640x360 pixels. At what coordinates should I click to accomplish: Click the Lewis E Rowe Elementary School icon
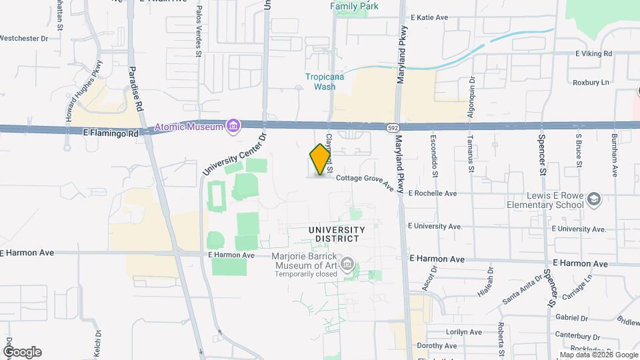click(x=594, y=199)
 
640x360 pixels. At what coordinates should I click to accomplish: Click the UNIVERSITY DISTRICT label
click(x=337, y=234)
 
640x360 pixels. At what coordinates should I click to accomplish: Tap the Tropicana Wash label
click(x=325, y=81)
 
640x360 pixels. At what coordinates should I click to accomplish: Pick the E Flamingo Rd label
click(x=111, y=133)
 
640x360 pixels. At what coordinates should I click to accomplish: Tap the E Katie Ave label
click(x=429, y=17)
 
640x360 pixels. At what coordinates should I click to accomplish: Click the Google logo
click(x=22, y=352)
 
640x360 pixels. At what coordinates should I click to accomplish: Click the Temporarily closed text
click(x=304, y=274)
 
